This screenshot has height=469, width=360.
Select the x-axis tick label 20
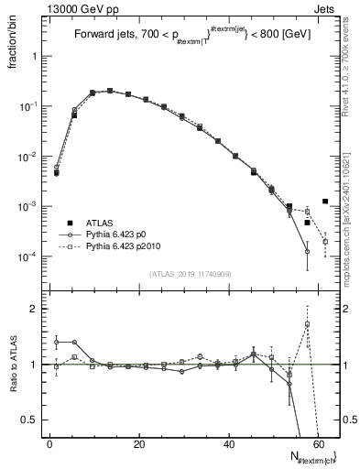[x=138, y=444]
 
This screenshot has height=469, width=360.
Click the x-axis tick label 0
[x=49, y=444]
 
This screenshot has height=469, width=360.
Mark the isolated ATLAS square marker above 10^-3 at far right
[x=325, y=202]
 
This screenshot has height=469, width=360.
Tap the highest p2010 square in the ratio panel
[x=308, y=323]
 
